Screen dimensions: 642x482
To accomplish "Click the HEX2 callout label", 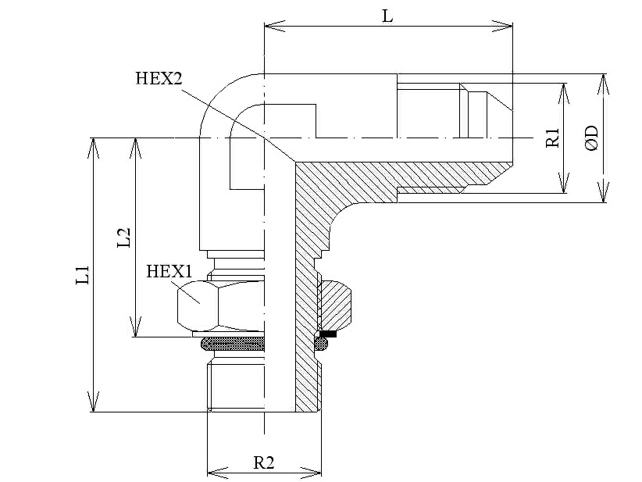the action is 159,78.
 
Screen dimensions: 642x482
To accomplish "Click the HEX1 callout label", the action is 169,271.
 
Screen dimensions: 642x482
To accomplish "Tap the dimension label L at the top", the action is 387,16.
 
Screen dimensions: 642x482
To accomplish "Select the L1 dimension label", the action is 83,275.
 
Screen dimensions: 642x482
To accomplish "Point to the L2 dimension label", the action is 123,237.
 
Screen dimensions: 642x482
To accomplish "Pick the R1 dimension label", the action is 552,137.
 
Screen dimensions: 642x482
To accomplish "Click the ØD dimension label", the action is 592,138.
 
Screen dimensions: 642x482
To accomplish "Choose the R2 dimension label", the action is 264,462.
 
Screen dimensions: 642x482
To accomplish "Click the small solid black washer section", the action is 328,334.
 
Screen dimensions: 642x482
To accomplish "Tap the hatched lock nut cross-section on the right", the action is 335,304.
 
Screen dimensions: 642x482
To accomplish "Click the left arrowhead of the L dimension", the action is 275,26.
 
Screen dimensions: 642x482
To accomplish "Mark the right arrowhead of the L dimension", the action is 502,26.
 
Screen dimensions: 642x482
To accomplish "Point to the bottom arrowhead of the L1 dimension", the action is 94,402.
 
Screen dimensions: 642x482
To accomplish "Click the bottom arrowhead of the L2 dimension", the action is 135,327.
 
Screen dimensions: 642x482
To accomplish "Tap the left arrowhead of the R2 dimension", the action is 217,472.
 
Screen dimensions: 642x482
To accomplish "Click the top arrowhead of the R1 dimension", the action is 565,94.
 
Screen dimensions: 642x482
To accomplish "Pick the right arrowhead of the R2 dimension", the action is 312,472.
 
